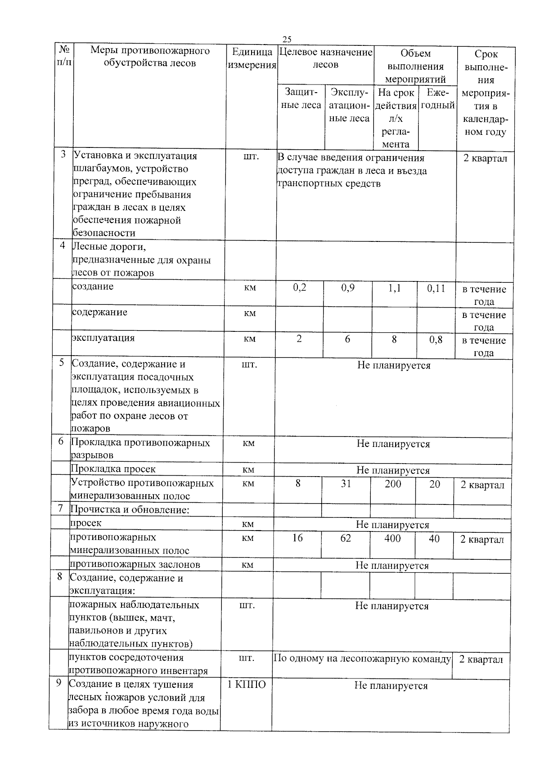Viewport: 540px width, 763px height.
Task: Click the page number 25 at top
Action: pyautogui.click(x=287, y=39)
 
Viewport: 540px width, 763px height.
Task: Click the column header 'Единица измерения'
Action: pyautogui.click(x=252, y=58)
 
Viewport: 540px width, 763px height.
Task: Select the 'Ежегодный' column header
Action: pyautogui.click(x=437, y=99)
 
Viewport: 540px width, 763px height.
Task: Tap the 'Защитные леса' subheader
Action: pyautogui.click(x=301, y=98)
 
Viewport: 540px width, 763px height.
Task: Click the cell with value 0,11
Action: pyautogui.click(x=436, y=288)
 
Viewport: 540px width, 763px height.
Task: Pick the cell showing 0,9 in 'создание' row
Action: pyautogui.click(x=347, y=287)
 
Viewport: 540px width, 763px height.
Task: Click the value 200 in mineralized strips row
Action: pyautogui.click(x=393, y=484)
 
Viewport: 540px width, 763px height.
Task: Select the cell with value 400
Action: pyautogui.click(x=392, y=538)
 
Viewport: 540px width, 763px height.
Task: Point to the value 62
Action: pyautogui.click(x=345, y=538)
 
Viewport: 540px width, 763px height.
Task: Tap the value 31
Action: pyautogui.click(x=346, y=484)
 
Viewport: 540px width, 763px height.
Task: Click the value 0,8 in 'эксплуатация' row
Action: pyautogui.click(x=435, y=340)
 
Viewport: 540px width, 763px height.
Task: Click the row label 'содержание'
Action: pyautogui.click(x=100, y=312)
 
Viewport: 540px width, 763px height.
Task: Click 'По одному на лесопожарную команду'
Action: pyautogui.click(x=362, y=659)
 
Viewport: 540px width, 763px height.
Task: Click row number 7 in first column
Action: pyautogui.click(x=60, y=508)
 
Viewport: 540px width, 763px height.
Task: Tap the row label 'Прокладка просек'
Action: pyautogui.click(x=113, y=469)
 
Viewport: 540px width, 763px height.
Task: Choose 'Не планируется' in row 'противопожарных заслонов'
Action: pyautogui.click(x=392, y=565)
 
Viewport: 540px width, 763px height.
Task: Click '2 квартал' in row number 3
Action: pyautogui.click(x=485, y=159)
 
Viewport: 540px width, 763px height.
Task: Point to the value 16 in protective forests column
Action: pyautogui.click(x=297, y=538)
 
